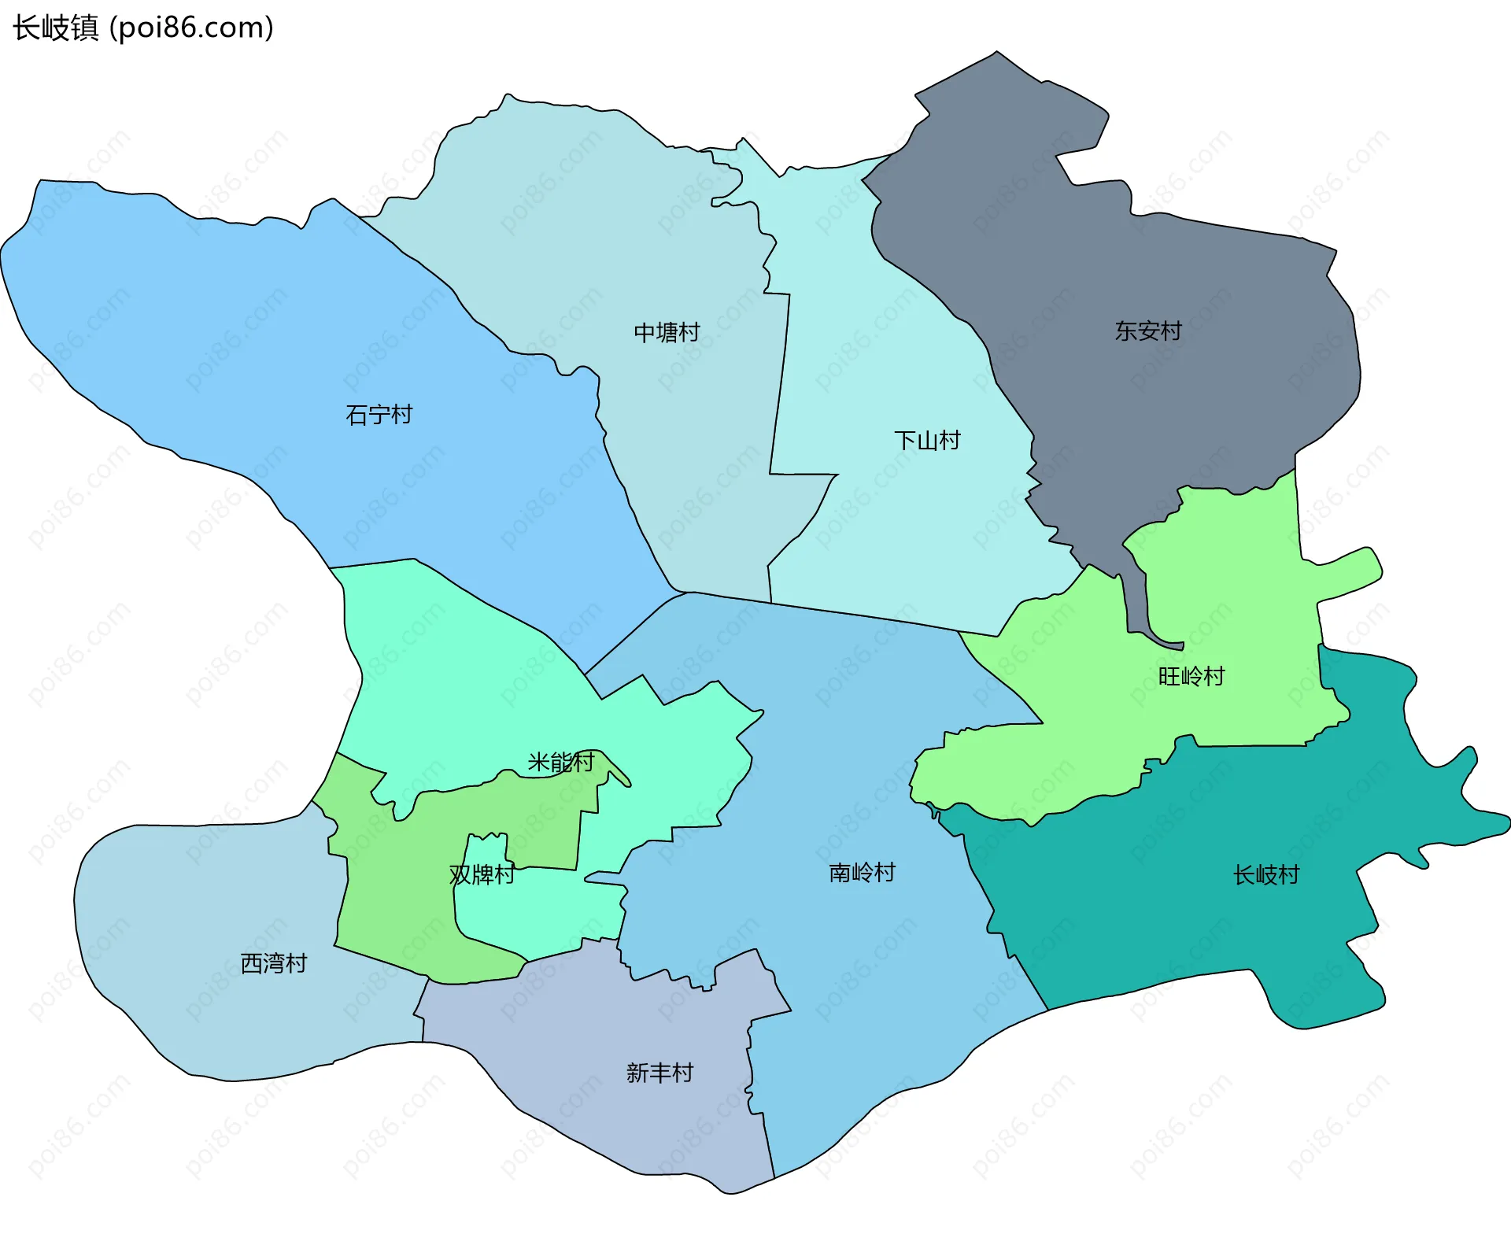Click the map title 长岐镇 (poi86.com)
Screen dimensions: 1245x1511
click(143, 28)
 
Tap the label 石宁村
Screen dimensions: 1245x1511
click(379, 414)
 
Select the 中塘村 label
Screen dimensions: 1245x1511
click(667, 332)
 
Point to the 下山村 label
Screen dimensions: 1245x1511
click(927, 440)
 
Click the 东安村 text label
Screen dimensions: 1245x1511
click(1148, 331)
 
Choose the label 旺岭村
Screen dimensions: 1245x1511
click(1191, 676)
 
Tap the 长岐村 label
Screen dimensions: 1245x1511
click(1265, 874)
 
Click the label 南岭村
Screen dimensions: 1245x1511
click(862, 872)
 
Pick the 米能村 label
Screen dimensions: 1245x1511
click(560, 762)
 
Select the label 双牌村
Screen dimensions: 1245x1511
click(482, 874)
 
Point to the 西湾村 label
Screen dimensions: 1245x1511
click(273, 963)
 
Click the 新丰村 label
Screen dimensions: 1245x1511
click(659, 1073)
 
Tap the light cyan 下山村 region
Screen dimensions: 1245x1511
click(905, 535)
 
